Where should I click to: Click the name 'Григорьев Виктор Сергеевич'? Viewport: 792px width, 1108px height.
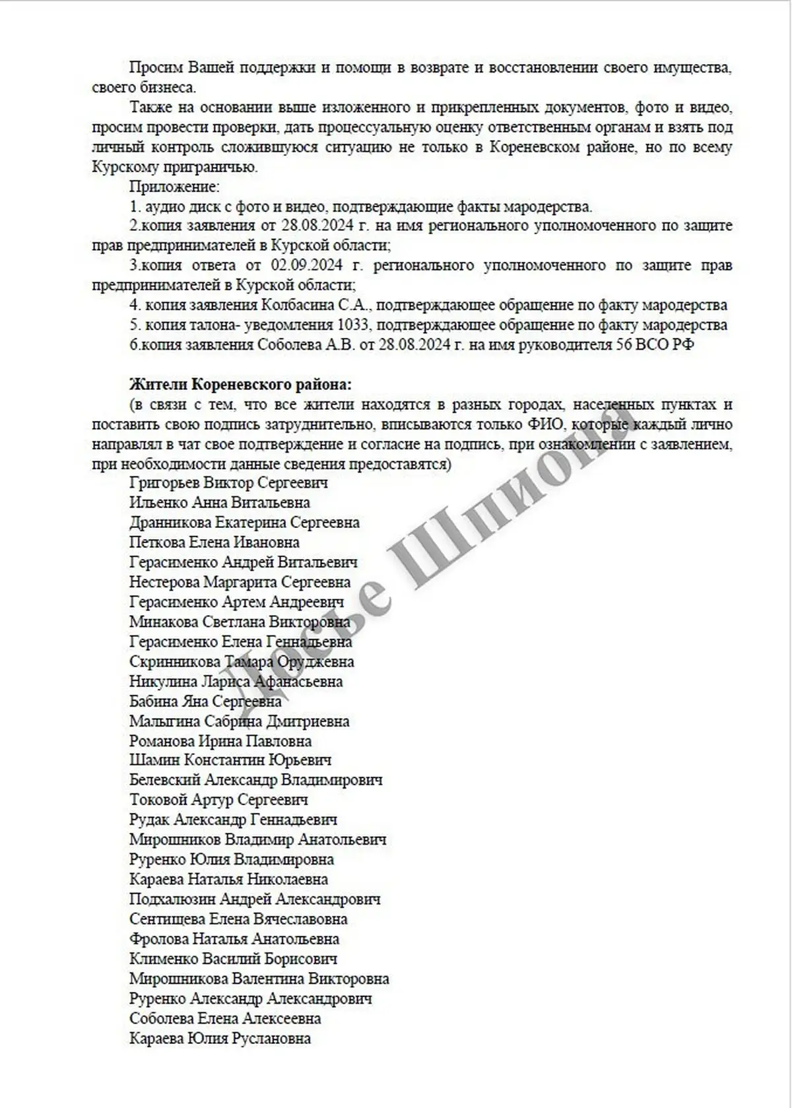tap(228, 482)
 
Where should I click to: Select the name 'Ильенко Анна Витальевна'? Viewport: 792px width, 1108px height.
tap(219, 502)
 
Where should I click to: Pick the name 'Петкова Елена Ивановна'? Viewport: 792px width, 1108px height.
tap(214, 542)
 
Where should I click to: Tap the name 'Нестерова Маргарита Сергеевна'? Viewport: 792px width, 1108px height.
tap(240, 582)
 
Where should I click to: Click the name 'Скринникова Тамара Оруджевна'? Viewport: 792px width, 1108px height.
tap(241, 661)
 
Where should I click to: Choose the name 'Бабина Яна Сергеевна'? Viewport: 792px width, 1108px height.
tap(205, 701)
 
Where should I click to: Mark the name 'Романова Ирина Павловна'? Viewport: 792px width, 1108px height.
tap(220, 741)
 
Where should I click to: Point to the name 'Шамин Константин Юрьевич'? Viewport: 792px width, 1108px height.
tap(230, 760)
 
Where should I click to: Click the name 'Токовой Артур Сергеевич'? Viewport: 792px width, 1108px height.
tap(218, 800)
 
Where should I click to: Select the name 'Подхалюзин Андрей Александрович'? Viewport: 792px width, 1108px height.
tap(255, 899)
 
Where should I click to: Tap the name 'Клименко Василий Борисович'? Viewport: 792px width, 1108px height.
tap(233, 958)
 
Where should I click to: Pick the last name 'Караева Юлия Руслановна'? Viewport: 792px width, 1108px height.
tap(220, 1038)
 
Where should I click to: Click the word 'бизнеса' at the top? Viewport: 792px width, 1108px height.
tap(170, 87)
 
